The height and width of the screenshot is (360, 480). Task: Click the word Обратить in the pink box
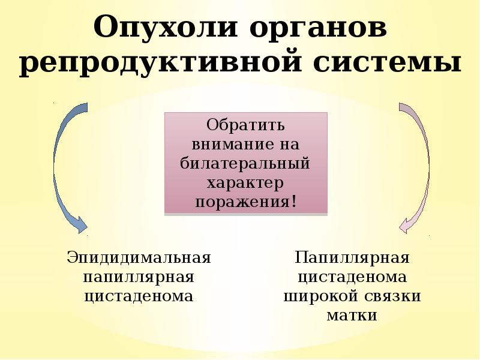click(x=246, y=127)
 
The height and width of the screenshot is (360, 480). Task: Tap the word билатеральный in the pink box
click(x=246, y=163)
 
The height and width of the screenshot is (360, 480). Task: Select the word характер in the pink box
click(x=246, y=182)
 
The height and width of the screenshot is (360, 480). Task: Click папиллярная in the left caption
click(x=139, y=277)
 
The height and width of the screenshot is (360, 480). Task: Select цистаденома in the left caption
click(x=139, y=296)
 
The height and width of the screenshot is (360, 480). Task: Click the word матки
click(x=352, y=315)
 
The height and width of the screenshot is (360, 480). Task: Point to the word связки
click(x=386, y=296)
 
